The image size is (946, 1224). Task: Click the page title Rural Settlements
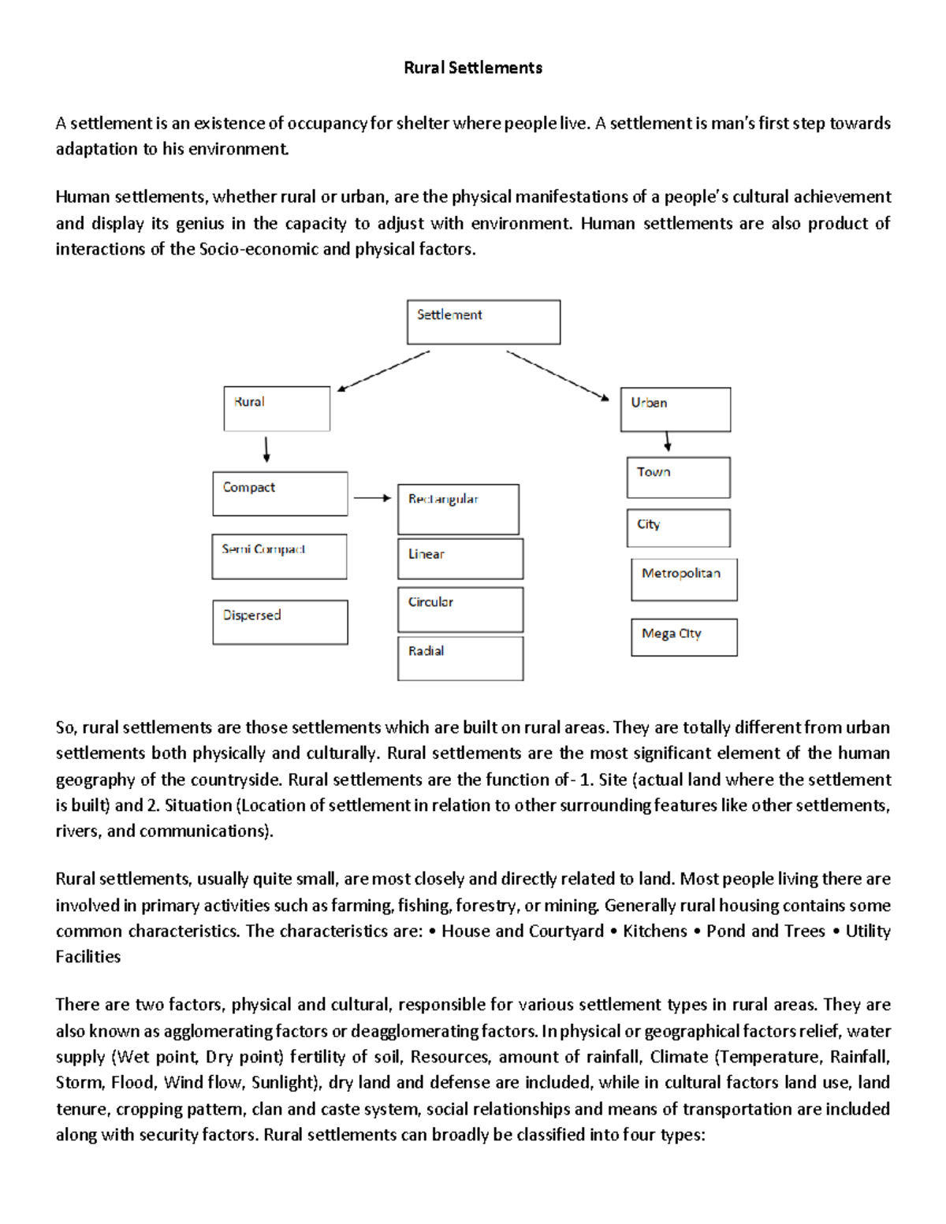pos(473,68)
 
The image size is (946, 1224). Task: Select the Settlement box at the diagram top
pos(483,322)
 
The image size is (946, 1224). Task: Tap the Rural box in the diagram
pos(277,408)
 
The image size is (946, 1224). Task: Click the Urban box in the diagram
pos(676,409)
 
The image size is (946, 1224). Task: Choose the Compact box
pos(280,493)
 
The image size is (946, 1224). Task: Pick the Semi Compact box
pos(279,556)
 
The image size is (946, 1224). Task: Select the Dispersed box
pos(280,622)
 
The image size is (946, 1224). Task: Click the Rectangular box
pos(458,509)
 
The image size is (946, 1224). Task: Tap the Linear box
pos(460,559)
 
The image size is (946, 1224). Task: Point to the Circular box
pos(460,609)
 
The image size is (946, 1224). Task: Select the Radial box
pos(460,658)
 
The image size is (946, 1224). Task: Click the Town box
pos(679,477)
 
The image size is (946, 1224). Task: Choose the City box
pos(679,527)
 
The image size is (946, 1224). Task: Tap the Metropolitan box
pos(684,579)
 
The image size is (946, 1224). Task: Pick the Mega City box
pos(684,637)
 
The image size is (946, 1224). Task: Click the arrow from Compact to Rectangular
pos(372,498)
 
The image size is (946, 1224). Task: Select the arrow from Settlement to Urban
pos(557,375)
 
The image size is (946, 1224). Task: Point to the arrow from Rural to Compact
pos(266,449)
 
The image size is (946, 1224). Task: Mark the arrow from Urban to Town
pos(668,441)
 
